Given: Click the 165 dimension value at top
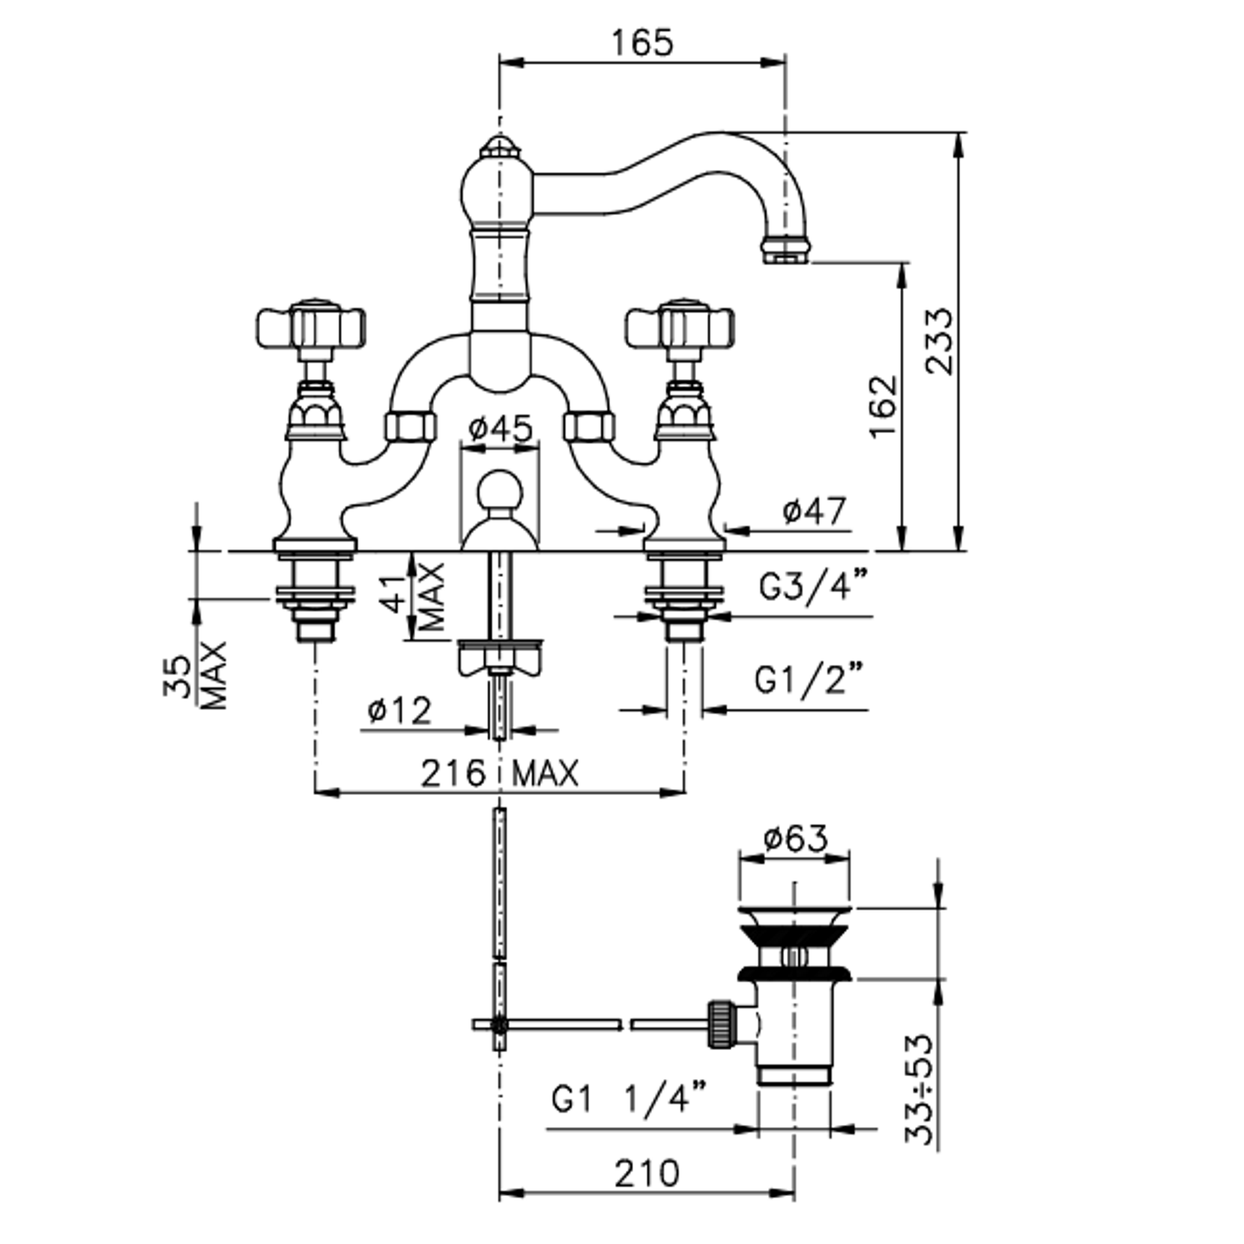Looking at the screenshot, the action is click(x=642, y=43).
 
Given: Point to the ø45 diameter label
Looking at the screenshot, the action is click(x=501, y=429).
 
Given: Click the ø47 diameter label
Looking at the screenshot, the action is click(x=814, y=511).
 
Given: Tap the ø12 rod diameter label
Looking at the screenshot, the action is click(x=400, y=710).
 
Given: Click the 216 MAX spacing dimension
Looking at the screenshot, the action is click(x=500, y=773).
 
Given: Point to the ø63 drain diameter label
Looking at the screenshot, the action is click(x=796, y=839).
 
